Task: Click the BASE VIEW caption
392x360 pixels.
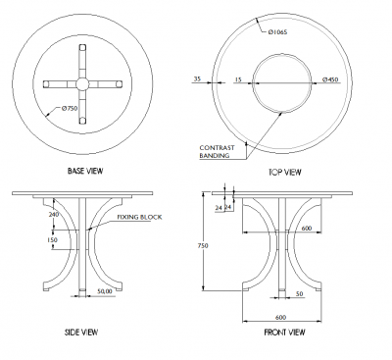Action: click(x=85, y=172)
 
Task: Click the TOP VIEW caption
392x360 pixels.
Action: click(x=284, y=172)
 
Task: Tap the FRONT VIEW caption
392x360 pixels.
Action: click(x=284, y=333)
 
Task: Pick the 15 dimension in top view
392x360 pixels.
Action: click(x=237, y=78)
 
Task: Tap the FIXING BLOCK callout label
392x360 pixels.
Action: click(x=137, y=216)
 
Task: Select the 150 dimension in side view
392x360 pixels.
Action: click(x=52, y=238)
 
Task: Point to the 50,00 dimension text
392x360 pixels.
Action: click(x=105, y=291)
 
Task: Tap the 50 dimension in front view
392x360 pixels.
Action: click(x=298, y=293)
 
